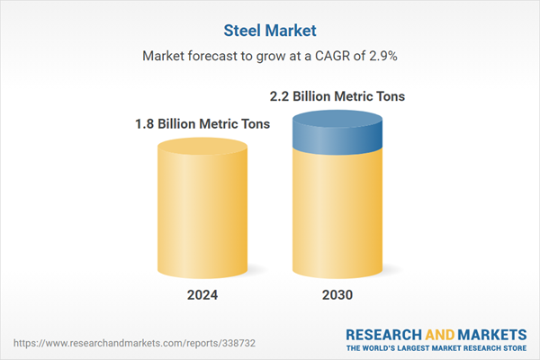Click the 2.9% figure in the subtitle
[x=381, y=56]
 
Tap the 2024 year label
[x=197, y=294]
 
